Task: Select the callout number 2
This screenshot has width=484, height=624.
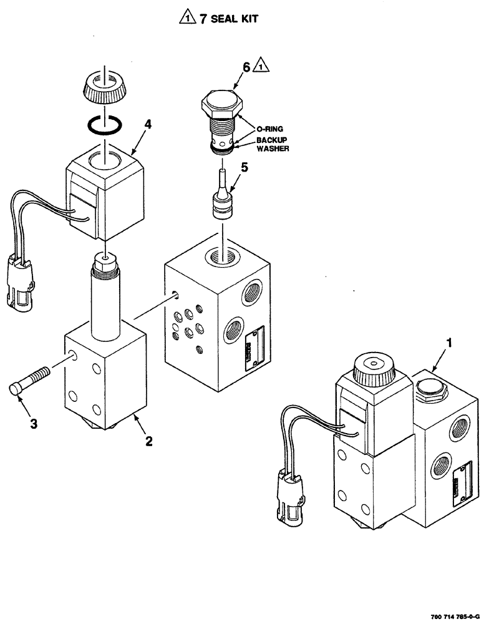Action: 149,441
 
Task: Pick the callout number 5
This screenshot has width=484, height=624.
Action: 244,167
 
